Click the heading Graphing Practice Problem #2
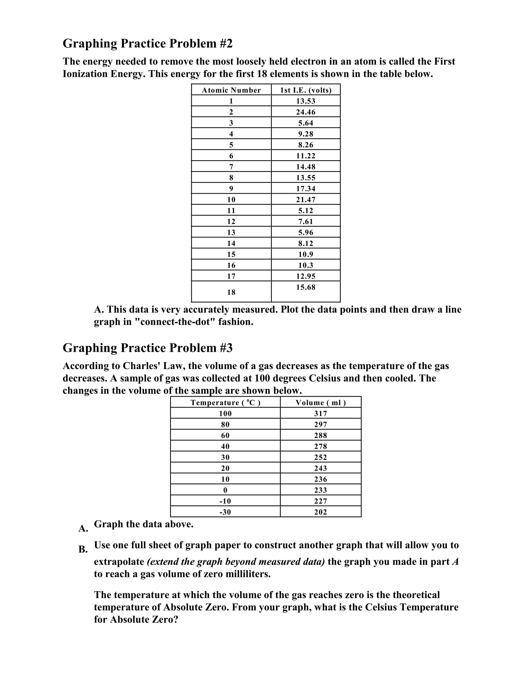point(148,43)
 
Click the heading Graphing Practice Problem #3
point(148,348)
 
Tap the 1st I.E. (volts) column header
point(306,90)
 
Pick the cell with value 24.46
point(306,112)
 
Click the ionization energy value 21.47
point(306,200)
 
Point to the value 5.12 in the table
point(306,211)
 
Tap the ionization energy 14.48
point(306,167)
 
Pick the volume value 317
point(321,414)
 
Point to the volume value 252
point(321,457)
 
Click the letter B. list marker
point(83,549)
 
